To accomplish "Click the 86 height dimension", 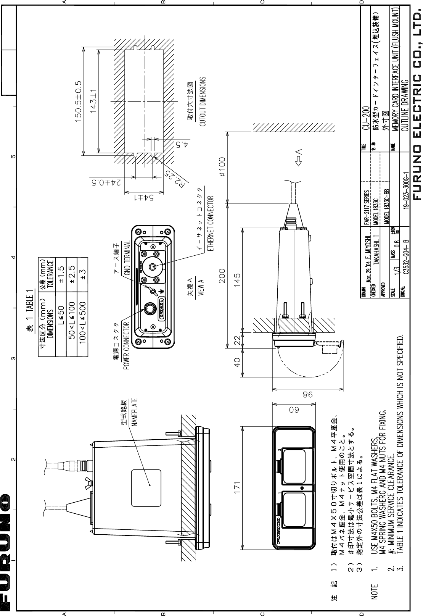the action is [x=307, y=393].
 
